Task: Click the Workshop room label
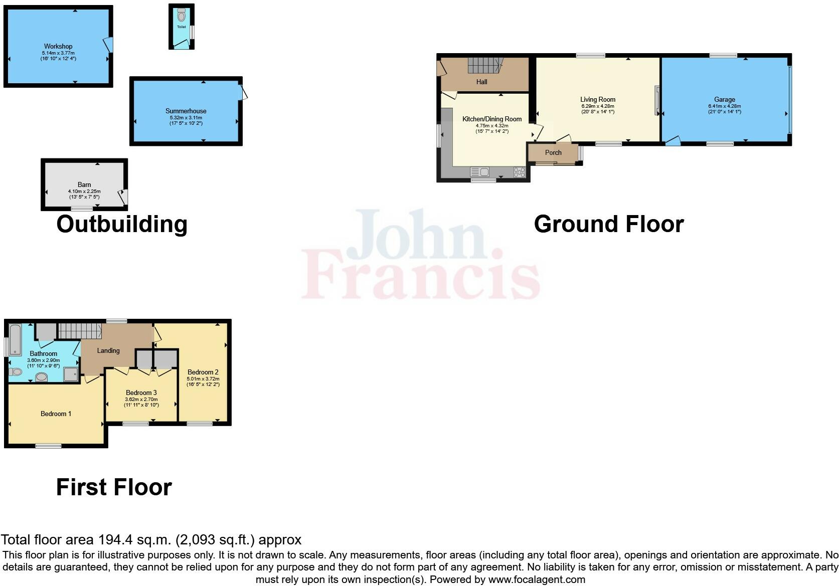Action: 58,46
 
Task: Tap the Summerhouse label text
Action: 186,111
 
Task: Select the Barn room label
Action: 84,184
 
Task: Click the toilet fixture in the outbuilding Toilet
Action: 181,16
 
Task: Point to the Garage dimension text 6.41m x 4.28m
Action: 725,106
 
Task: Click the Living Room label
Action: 598,99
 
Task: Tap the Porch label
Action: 553,152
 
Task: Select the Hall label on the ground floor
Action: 481,82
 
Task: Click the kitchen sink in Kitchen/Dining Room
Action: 480,172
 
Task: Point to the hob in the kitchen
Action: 519,172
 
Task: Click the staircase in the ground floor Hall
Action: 483,66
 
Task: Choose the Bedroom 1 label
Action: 56,414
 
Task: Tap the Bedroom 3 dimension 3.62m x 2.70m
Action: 141,400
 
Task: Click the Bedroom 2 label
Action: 203,372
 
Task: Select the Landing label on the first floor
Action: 108,350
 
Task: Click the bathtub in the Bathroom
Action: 14,339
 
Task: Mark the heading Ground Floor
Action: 609,224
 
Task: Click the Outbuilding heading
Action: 122,224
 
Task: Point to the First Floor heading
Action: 114,487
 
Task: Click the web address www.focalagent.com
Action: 537,579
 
